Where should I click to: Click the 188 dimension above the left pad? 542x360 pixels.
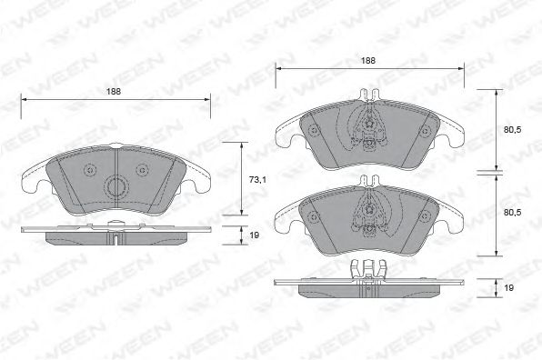(115, 91)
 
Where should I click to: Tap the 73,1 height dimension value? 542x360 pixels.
(257, 180)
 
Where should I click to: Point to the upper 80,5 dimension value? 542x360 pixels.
(513, 130)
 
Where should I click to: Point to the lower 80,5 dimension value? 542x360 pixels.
(513, 212)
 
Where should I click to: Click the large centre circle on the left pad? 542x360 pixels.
(116, 186)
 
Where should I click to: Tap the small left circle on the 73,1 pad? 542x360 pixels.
(88, 171)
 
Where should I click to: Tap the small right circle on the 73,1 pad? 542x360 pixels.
(144, 171)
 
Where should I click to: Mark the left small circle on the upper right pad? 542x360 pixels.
(313, 130)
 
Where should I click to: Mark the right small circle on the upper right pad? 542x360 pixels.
(423, 130)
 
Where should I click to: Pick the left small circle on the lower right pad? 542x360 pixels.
(313, 216)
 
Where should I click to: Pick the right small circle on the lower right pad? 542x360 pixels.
(423, 216)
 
